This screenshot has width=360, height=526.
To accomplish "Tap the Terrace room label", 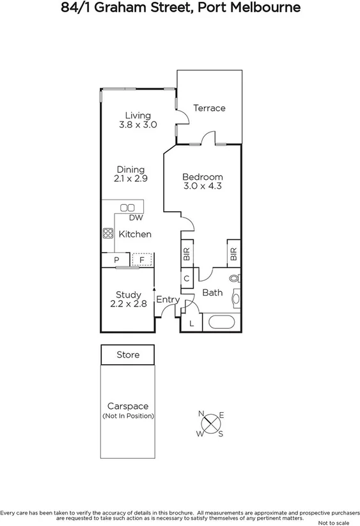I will click(x=209, y=108).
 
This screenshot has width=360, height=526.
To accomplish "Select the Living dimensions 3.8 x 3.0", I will click(x=137, y=125).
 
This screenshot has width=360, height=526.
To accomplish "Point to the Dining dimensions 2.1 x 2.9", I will click(x=130, y=179).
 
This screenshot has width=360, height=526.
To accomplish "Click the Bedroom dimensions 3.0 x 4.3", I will click(x=202, y=187).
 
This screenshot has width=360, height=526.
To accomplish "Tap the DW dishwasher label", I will click(x=135, y=218).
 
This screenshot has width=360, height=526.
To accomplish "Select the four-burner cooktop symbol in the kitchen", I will click(x=108, y=234).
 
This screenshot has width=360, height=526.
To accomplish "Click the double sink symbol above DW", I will click(x=127, y=207).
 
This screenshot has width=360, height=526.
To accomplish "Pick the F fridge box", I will click(x=142, y=260).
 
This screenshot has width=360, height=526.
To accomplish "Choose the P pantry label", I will click(x=116, y=260).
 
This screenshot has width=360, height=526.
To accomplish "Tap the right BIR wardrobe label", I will click(x=233, y=254).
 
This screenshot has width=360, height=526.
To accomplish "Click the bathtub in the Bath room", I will click(x=221, y=321).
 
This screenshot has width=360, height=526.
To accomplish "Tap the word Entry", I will click(x=168, y=299).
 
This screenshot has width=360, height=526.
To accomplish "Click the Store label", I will click(x=128, y=355).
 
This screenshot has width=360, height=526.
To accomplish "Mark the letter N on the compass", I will click(x=201, y=413).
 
